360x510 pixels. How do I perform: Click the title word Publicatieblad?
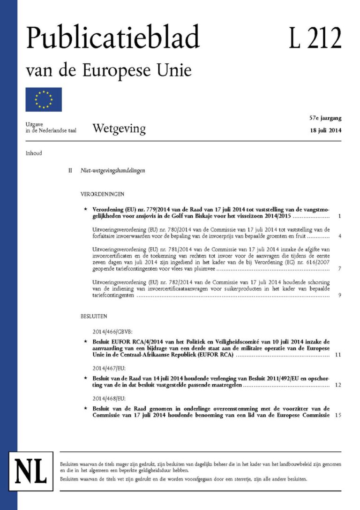pyautogui.click(x=112, y=38)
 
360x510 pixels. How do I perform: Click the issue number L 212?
pyautogui.click(x=315, y=38)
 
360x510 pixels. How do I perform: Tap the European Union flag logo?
pyautogui.click(x=44, y=99)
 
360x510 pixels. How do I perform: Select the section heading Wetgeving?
pyautogui.click(x=119, y=128)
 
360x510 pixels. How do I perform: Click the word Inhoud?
pyautogui.click(x=34, y=153)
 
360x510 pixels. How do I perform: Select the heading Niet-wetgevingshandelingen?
pyautogui.click(x=112, y=171)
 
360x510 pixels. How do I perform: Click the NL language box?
pyautogui.click(x=31, y=470)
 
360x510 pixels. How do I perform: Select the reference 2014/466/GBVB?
pyautogui.click(x=113, y=331)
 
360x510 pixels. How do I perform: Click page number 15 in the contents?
pyautogui.click(x=338, y=416)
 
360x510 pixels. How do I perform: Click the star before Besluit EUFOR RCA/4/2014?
pyautogui.click(x=85, y=342)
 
